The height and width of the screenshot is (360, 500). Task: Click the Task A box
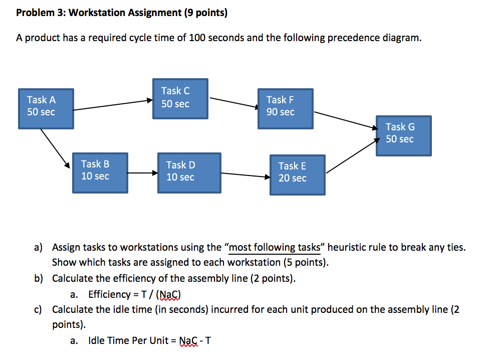tap(46, 108)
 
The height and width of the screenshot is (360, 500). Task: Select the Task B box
tap(99, 172)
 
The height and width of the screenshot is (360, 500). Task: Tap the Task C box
tap(180, 98)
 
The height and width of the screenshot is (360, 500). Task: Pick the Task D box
tap(188, 173)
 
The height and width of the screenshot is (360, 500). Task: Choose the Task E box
tap(298, 174)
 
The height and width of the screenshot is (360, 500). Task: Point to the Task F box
tap(285, 109)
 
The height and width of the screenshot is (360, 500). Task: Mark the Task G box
tap(404, 135)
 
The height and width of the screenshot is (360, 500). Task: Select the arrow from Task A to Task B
tap(55, 148)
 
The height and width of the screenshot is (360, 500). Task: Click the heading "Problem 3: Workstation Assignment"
tap(99, 13)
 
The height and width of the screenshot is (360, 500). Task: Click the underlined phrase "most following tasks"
tap(274, 247)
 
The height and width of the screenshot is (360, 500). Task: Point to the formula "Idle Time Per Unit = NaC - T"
tap(149, 340)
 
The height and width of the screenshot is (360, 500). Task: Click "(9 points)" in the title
tap(205, 13)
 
